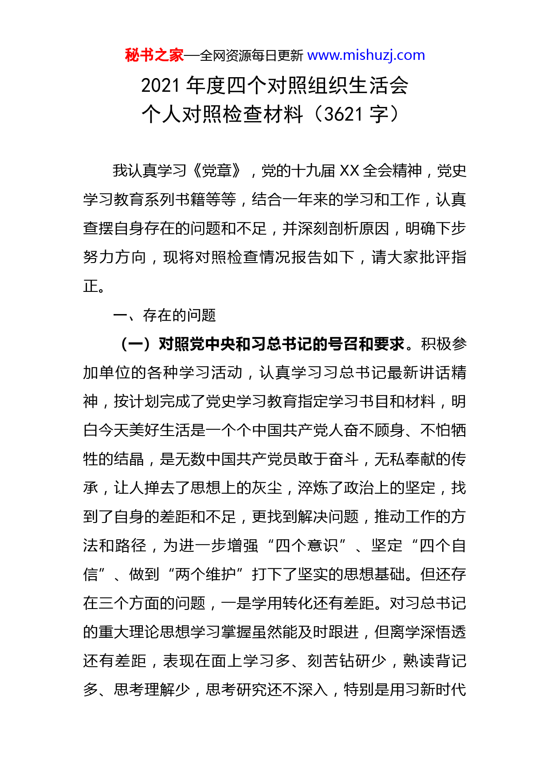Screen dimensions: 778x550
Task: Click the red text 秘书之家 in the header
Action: [x=154, y=55]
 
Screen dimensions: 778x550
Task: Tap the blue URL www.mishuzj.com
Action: [x=366, y=55]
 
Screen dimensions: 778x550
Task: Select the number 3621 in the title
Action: [x=343, y=114]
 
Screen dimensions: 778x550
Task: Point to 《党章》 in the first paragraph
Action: [x=218, y=171]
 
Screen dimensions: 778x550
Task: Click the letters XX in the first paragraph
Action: [x=349, y=171]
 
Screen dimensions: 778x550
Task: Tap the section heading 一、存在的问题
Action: [x=165, y=315]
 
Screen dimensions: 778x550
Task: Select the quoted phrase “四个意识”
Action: [x=307, y=546]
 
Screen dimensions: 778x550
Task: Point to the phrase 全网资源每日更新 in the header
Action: [x=251, y=56]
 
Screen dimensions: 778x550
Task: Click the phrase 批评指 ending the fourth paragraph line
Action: [x=442, y=257]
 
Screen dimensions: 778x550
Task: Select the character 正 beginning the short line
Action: [x=90, y=286]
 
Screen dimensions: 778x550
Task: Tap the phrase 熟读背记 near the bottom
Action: [x=435, y=661]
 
